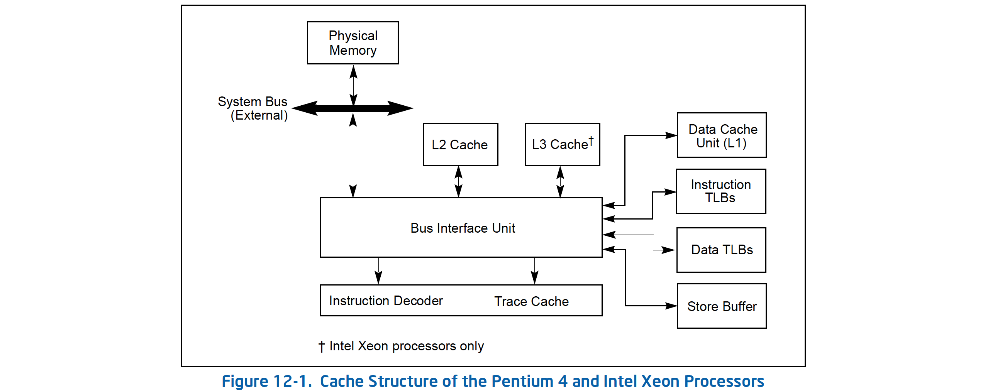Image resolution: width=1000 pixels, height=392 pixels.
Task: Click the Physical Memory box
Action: coord(353,43)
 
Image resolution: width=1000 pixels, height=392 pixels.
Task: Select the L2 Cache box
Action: coord(460,144)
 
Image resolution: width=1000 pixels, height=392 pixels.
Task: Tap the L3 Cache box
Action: coord(562,144)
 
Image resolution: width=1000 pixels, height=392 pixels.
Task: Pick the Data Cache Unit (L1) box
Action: coord(721,135)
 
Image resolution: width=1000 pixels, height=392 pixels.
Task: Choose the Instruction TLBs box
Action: coord(720,191)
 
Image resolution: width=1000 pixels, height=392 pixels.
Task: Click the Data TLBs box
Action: coord(721,250)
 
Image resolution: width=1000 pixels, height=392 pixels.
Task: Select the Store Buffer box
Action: coord(721,306)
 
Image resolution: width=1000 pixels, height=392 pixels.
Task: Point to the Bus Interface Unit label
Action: coord(462,228)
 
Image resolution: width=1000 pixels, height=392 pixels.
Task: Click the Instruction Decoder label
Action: coord(386,301)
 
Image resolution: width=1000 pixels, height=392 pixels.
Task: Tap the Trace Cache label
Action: coord(531,301)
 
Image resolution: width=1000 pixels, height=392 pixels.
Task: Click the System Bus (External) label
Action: coord(253,108)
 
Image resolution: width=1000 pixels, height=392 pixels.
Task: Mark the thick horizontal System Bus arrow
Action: coord(353,108)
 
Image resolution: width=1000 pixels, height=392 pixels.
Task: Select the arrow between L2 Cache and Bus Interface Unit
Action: coord(458,181)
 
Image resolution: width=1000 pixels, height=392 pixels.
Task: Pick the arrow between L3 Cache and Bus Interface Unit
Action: coord(560,181)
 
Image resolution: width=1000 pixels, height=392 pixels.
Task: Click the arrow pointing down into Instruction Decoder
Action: coord(378,271)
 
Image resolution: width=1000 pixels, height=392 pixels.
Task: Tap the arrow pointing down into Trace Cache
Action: coord(534,271)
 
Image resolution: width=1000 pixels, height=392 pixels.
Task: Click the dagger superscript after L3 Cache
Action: coord(591,140)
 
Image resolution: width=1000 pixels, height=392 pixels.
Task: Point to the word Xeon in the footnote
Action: coord(373,345)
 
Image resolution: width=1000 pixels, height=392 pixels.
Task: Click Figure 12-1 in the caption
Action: coord(267,381)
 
